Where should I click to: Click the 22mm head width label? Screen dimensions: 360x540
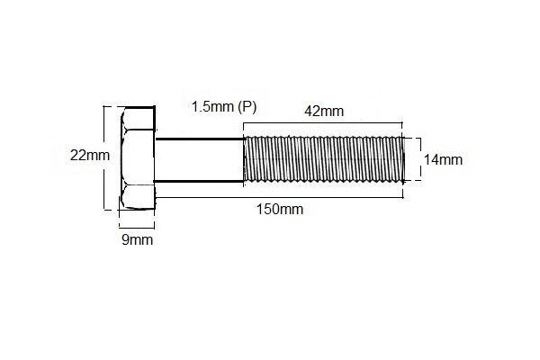(x=89, y=155)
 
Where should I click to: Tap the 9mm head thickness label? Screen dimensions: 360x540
(x=136, y=239)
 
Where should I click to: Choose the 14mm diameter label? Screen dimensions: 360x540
(x=442, y=160)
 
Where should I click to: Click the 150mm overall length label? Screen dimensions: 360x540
(x=279, y=210)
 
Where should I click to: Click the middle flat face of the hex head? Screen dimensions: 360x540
(x=137, y=158)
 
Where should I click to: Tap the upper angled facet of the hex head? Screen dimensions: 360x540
(x=137, y=121)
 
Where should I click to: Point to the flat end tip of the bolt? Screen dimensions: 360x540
(x=401, y=160)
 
